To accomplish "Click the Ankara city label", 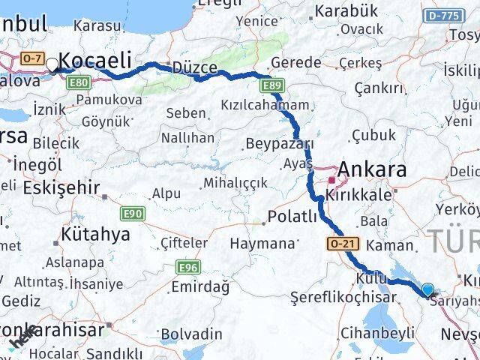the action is coord(372,169).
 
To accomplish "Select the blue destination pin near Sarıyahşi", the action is coord(427,289).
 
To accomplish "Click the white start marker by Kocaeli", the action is coord(52,66).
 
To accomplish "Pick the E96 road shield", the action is coord(188,266).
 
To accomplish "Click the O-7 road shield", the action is coord(32,58).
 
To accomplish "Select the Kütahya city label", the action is coord(94,234).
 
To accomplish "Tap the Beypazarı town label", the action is coord(280,143).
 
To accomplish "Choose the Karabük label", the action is coord(346,11).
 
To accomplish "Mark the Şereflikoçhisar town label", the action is coord(343,298).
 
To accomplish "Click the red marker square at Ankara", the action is coord(331,180).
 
